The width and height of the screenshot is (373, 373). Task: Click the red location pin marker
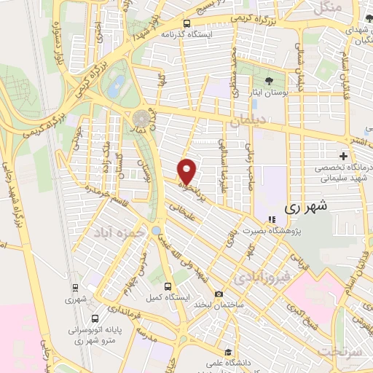coord(188,171)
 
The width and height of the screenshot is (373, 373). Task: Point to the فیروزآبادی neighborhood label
coord(259,278)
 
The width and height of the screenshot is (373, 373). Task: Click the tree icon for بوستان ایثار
coord(270,80)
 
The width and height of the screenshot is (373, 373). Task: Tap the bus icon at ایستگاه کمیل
coord(168,286)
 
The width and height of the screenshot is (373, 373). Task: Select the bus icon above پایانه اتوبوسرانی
coord(96,318)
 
